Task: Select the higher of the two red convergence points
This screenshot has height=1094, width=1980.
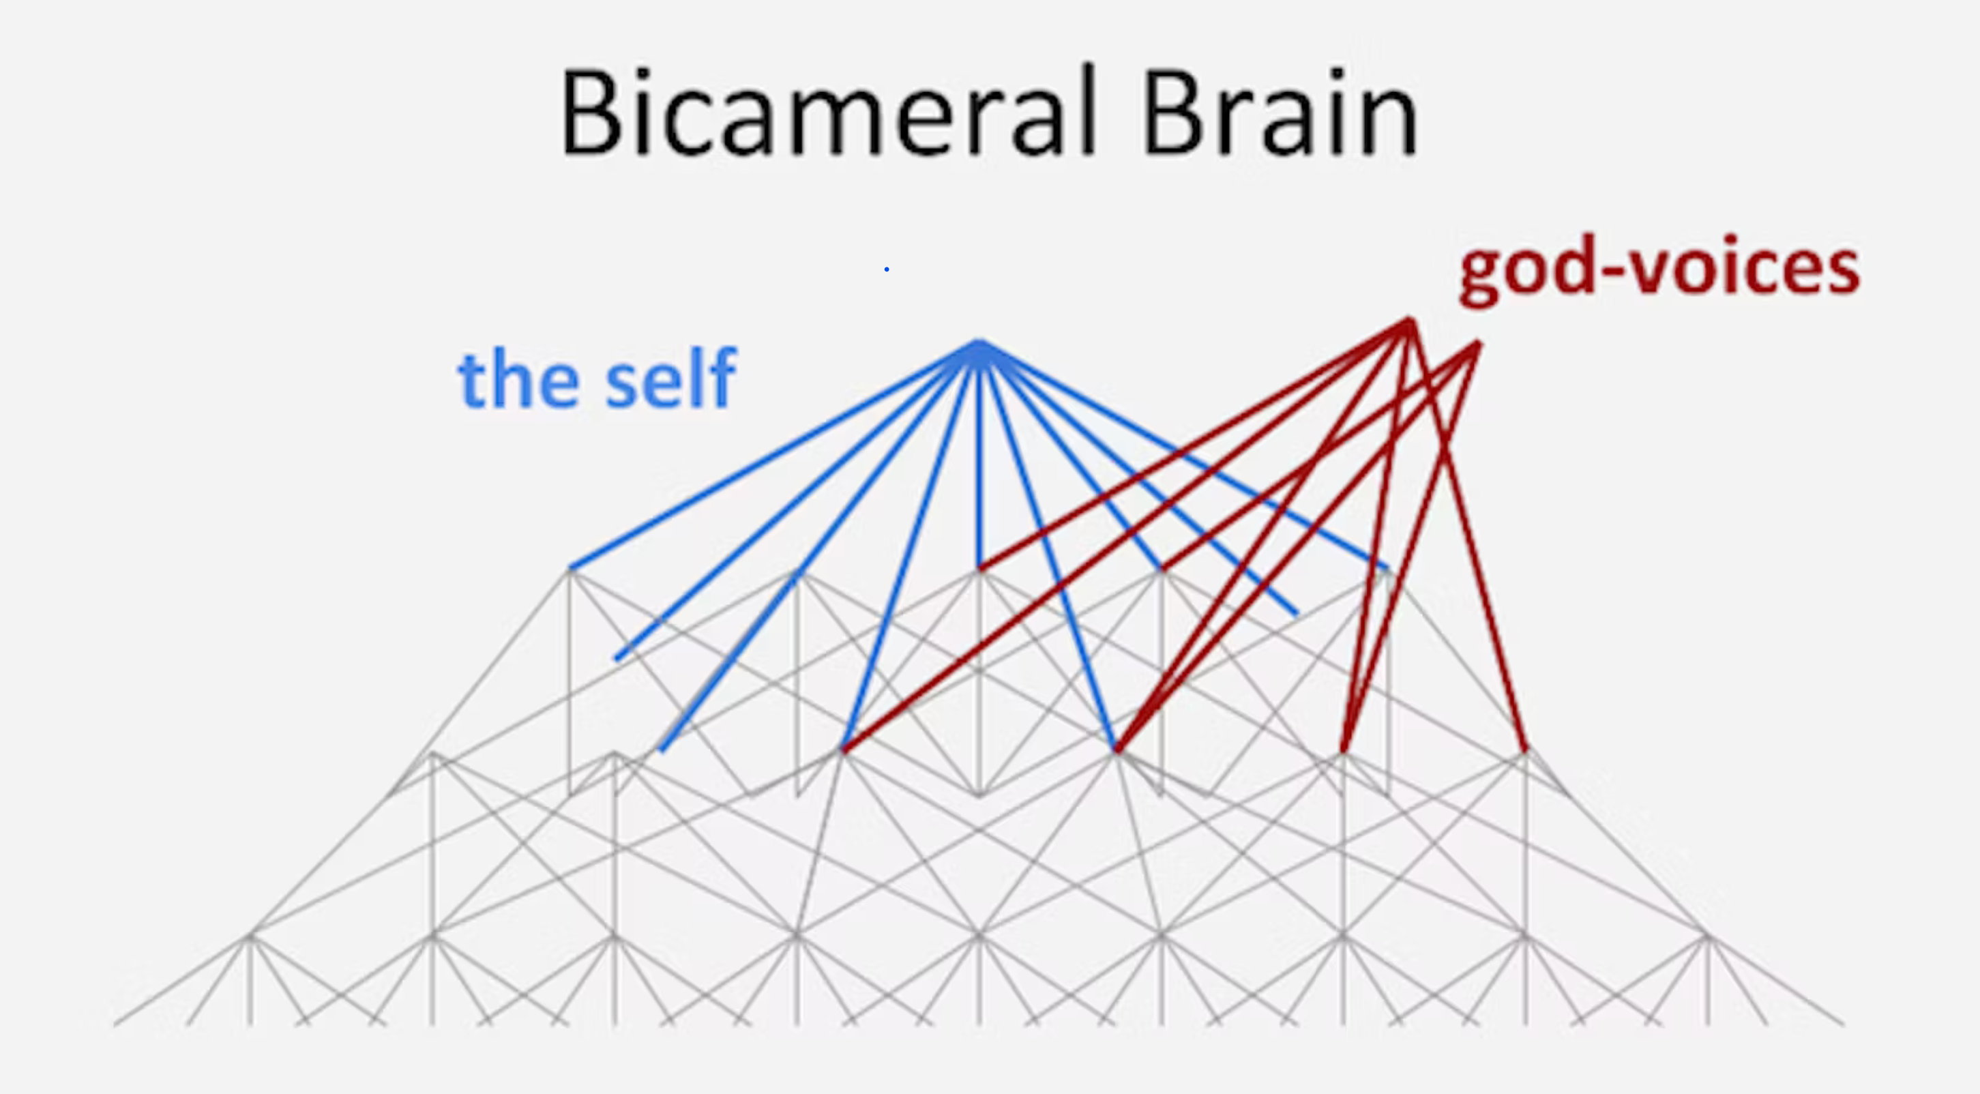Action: [1410, 321]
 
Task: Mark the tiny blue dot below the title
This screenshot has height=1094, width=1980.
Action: [886, 269]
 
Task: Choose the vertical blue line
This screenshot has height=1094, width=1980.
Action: [979, 457]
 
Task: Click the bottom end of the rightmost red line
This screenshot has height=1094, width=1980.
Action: [1526, 750]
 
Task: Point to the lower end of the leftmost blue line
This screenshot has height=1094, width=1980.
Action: [570, 568]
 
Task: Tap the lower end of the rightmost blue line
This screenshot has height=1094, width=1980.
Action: [1387, 569]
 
